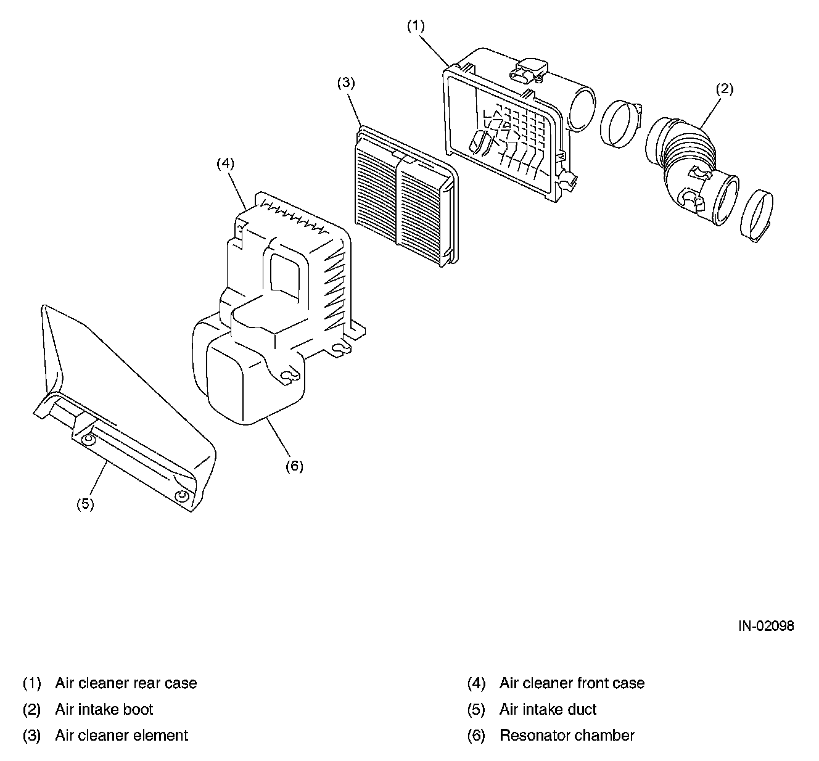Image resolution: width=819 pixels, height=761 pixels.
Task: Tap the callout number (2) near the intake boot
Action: pyautogui.click(x=724, y=89)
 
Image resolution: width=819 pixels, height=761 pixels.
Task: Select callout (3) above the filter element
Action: pyautogui.click(x=346, y=83)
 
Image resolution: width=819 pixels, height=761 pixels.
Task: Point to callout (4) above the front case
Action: pyautogui.click(x=226, y=163)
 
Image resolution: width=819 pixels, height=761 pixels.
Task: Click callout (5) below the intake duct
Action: pyautogui.click(x=85, y=504)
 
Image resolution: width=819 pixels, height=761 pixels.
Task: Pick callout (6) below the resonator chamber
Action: pyautogui.click(x=294, y=466)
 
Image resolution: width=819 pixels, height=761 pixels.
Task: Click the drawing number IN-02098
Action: pyautogui.click(x=767, y=626)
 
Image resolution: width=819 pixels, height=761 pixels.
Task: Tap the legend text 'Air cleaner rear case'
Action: pyautogui.click(x=126, y=683)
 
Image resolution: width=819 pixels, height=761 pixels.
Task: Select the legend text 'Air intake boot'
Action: pyautogui.click(x=104, y=709)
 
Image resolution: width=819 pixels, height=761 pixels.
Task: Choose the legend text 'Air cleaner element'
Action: pyautogui.click(x=121, y=735)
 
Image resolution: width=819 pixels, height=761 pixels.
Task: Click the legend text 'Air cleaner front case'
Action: pyautogui.click(x=572, y=683)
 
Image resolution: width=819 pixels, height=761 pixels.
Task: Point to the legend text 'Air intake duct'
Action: pyautogui.click(x=548, y=709)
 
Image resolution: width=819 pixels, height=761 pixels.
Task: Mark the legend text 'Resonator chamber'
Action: pyautogui.click(x=567, y=735)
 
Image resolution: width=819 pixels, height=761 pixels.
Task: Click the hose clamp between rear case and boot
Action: pyautogui.click(x=619, y=123)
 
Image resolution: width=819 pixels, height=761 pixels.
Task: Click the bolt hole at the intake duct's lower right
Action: pyautogui.click(x=181, y=496)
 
